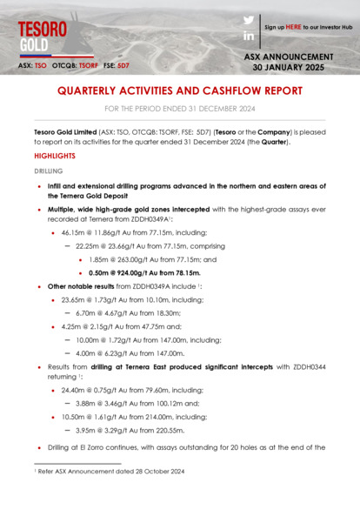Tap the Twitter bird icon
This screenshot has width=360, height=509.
coord(249,19)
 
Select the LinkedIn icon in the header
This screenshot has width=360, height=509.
coord(249,36)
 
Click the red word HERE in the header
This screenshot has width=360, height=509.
coord(294,27)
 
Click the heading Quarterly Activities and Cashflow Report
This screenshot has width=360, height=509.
coord(180,90)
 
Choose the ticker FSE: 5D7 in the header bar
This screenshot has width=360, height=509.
coord(116,65)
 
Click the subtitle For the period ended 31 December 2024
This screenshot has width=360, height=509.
coord(180,109)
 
